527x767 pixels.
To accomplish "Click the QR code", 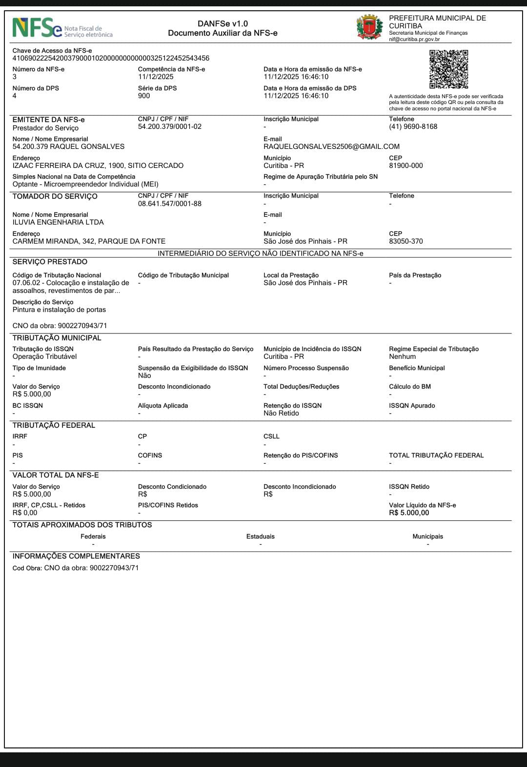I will [448, 69].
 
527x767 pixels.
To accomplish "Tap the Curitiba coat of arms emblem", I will [369, 27].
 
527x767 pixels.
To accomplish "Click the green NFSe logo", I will [37, 28].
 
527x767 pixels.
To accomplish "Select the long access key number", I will [111, 58].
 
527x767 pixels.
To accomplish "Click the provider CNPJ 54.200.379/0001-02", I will [169, 126].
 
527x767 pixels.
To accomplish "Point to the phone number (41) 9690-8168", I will [413, 126].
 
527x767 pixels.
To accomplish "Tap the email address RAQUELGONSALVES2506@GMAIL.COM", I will [331, 146].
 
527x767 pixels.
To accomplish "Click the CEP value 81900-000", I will [405, 166].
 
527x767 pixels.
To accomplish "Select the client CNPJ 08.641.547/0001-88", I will [169, 204].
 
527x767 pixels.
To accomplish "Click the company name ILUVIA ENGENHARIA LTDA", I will [58, 222].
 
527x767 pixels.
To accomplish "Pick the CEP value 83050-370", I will [405, 241].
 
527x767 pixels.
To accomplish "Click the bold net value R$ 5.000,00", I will [409, 513].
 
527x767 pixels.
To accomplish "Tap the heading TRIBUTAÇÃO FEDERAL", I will [54, 425].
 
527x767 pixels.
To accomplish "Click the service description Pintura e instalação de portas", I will [59, 310].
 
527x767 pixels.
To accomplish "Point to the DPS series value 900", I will [144, 96].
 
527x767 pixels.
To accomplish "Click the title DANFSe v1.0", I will [223, 23].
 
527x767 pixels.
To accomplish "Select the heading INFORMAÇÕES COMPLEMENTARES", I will [76, 556].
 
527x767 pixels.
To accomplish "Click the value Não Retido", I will [281, 413].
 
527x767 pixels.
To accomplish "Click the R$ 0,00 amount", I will [25, 513].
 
